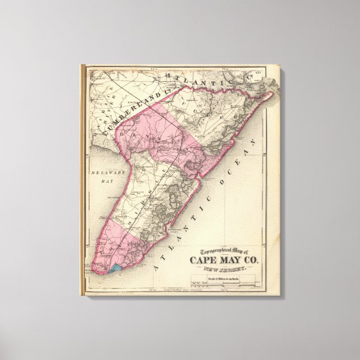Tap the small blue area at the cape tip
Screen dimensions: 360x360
tap(116, 268)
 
